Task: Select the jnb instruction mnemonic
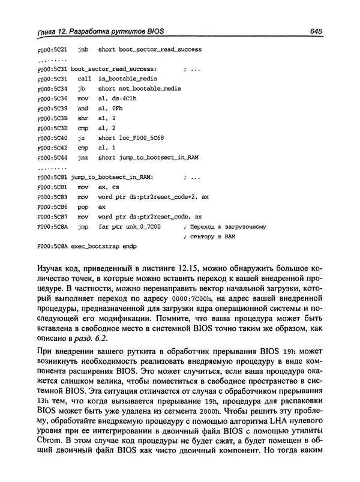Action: pos(83,49)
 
